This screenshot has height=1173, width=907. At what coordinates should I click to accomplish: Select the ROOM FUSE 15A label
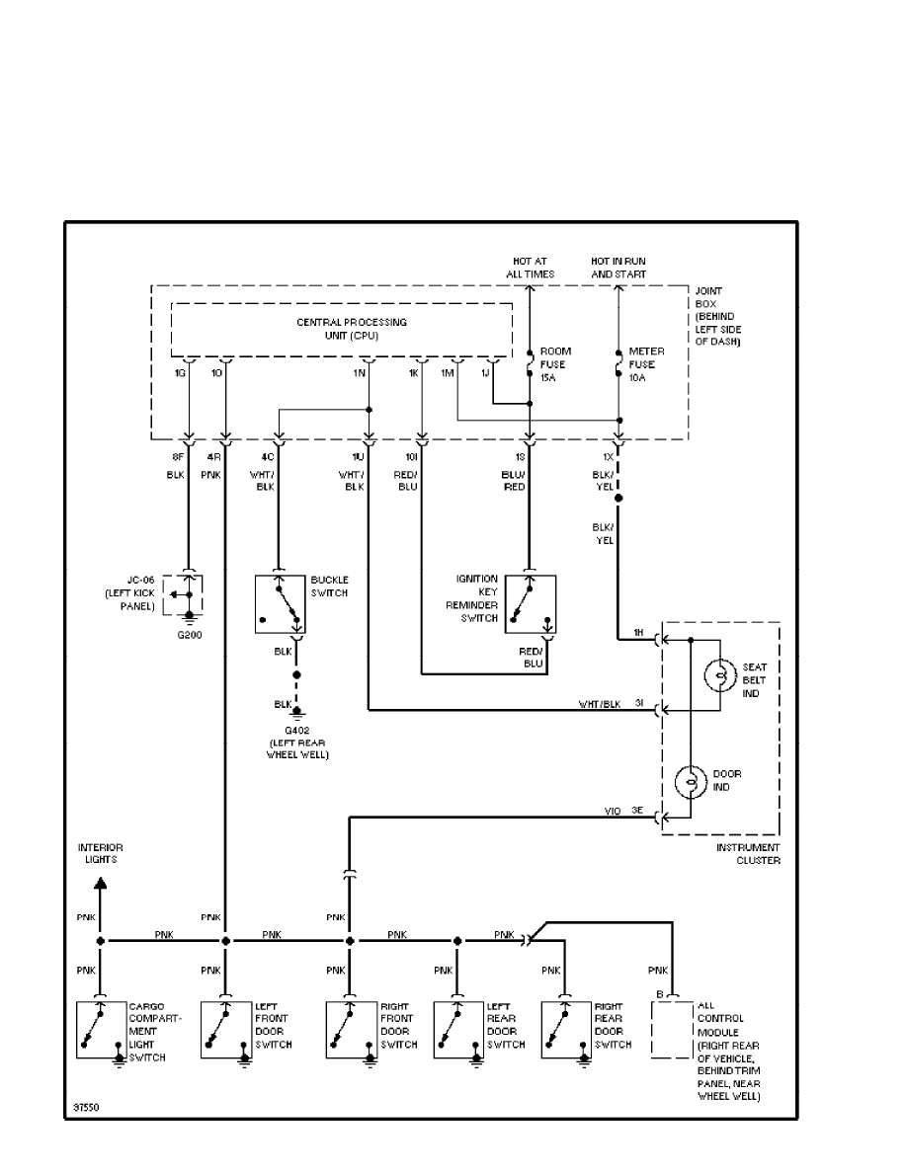554,363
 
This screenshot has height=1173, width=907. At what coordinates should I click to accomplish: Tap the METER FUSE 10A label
646,363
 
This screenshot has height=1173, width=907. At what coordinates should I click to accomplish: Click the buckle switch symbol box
281,603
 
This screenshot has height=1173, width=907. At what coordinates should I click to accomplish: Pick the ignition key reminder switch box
532,603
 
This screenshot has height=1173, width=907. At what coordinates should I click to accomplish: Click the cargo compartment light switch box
102,1031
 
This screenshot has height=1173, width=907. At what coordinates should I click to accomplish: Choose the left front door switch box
226,1031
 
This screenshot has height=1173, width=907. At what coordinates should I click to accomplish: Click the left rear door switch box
458,1031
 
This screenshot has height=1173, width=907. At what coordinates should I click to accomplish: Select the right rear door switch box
566,1031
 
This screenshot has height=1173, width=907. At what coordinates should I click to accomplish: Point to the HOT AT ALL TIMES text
529,267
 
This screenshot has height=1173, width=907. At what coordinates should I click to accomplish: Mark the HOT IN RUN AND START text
618,267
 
